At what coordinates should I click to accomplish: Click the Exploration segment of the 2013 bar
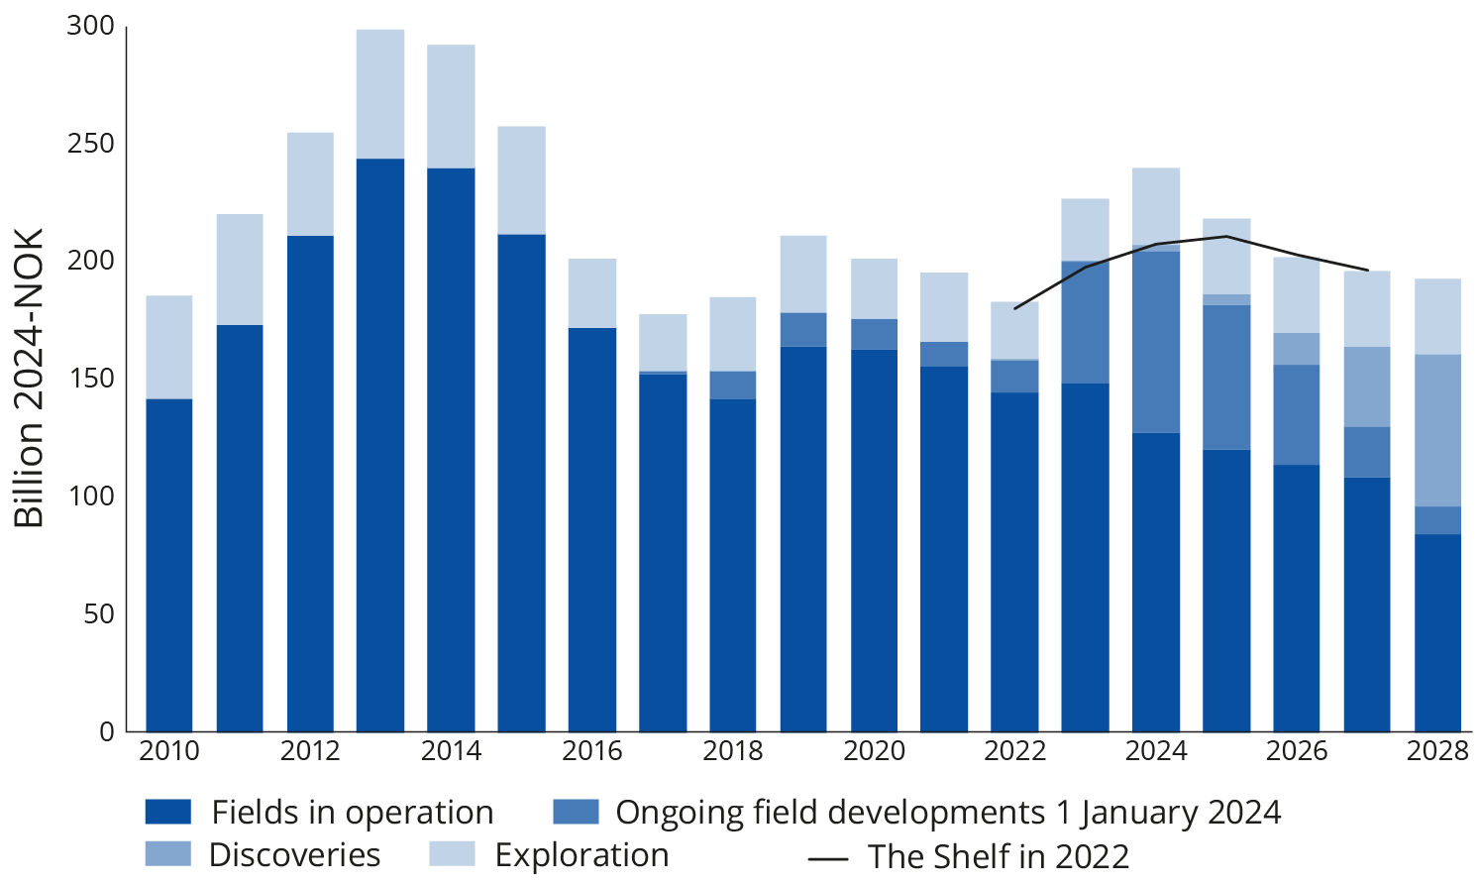pyautogui.click(x=380, y=93)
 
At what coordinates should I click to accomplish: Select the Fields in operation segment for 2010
pyautogui.click(x=169, y=565)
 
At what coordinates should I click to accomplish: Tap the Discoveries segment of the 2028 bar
pyautogui.click(x=1437, y=430)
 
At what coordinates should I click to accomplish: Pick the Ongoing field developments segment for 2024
pyautogui.click(x=1156, y=342)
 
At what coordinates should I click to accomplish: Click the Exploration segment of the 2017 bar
pyautogui.click(x=663, y=343)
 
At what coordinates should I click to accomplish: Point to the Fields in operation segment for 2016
pyautogui.click(x=592, y=529)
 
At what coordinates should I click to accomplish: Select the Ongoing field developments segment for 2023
pyautogui.click(x=1086, y=322)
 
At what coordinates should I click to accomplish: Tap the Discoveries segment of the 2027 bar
pyautogui.click(x=1367, y=387)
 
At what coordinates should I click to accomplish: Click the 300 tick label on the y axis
pyautogui.click(x=91, y=27)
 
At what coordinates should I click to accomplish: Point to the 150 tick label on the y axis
pyautogui.click(x=91, y=380)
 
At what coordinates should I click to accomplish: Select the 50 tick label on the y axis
pyautogui.click(x=98, y=614)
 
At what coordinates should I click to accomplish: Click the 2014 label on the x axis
pyautogui.click(x=451, y=751)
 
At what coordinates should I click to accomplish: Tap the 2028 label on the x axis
pyautogui.click(x=1437, y=751)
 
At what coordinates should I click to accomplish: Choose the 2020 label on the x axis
pyautogui.click(x=874, y=751)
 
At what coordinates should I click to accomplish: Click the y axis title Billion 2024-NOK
pyautogui.click(x=30, y=379)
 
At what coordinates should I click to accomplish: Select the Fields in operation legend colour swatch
pyautogui.click(x=167, y=813)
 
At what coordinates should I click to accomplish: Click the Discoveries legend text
pyautogui.click(x=295, y=854)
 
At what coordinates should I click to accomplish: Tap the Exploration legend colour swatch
pyautogui.click(x=452, y=854)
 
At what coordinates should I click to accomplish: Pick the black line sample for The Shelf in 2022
pyautogui.click(x=828, y=856)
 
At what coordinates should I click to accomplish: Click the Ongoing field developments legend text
pyautogui.click(x=948, y=813)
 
